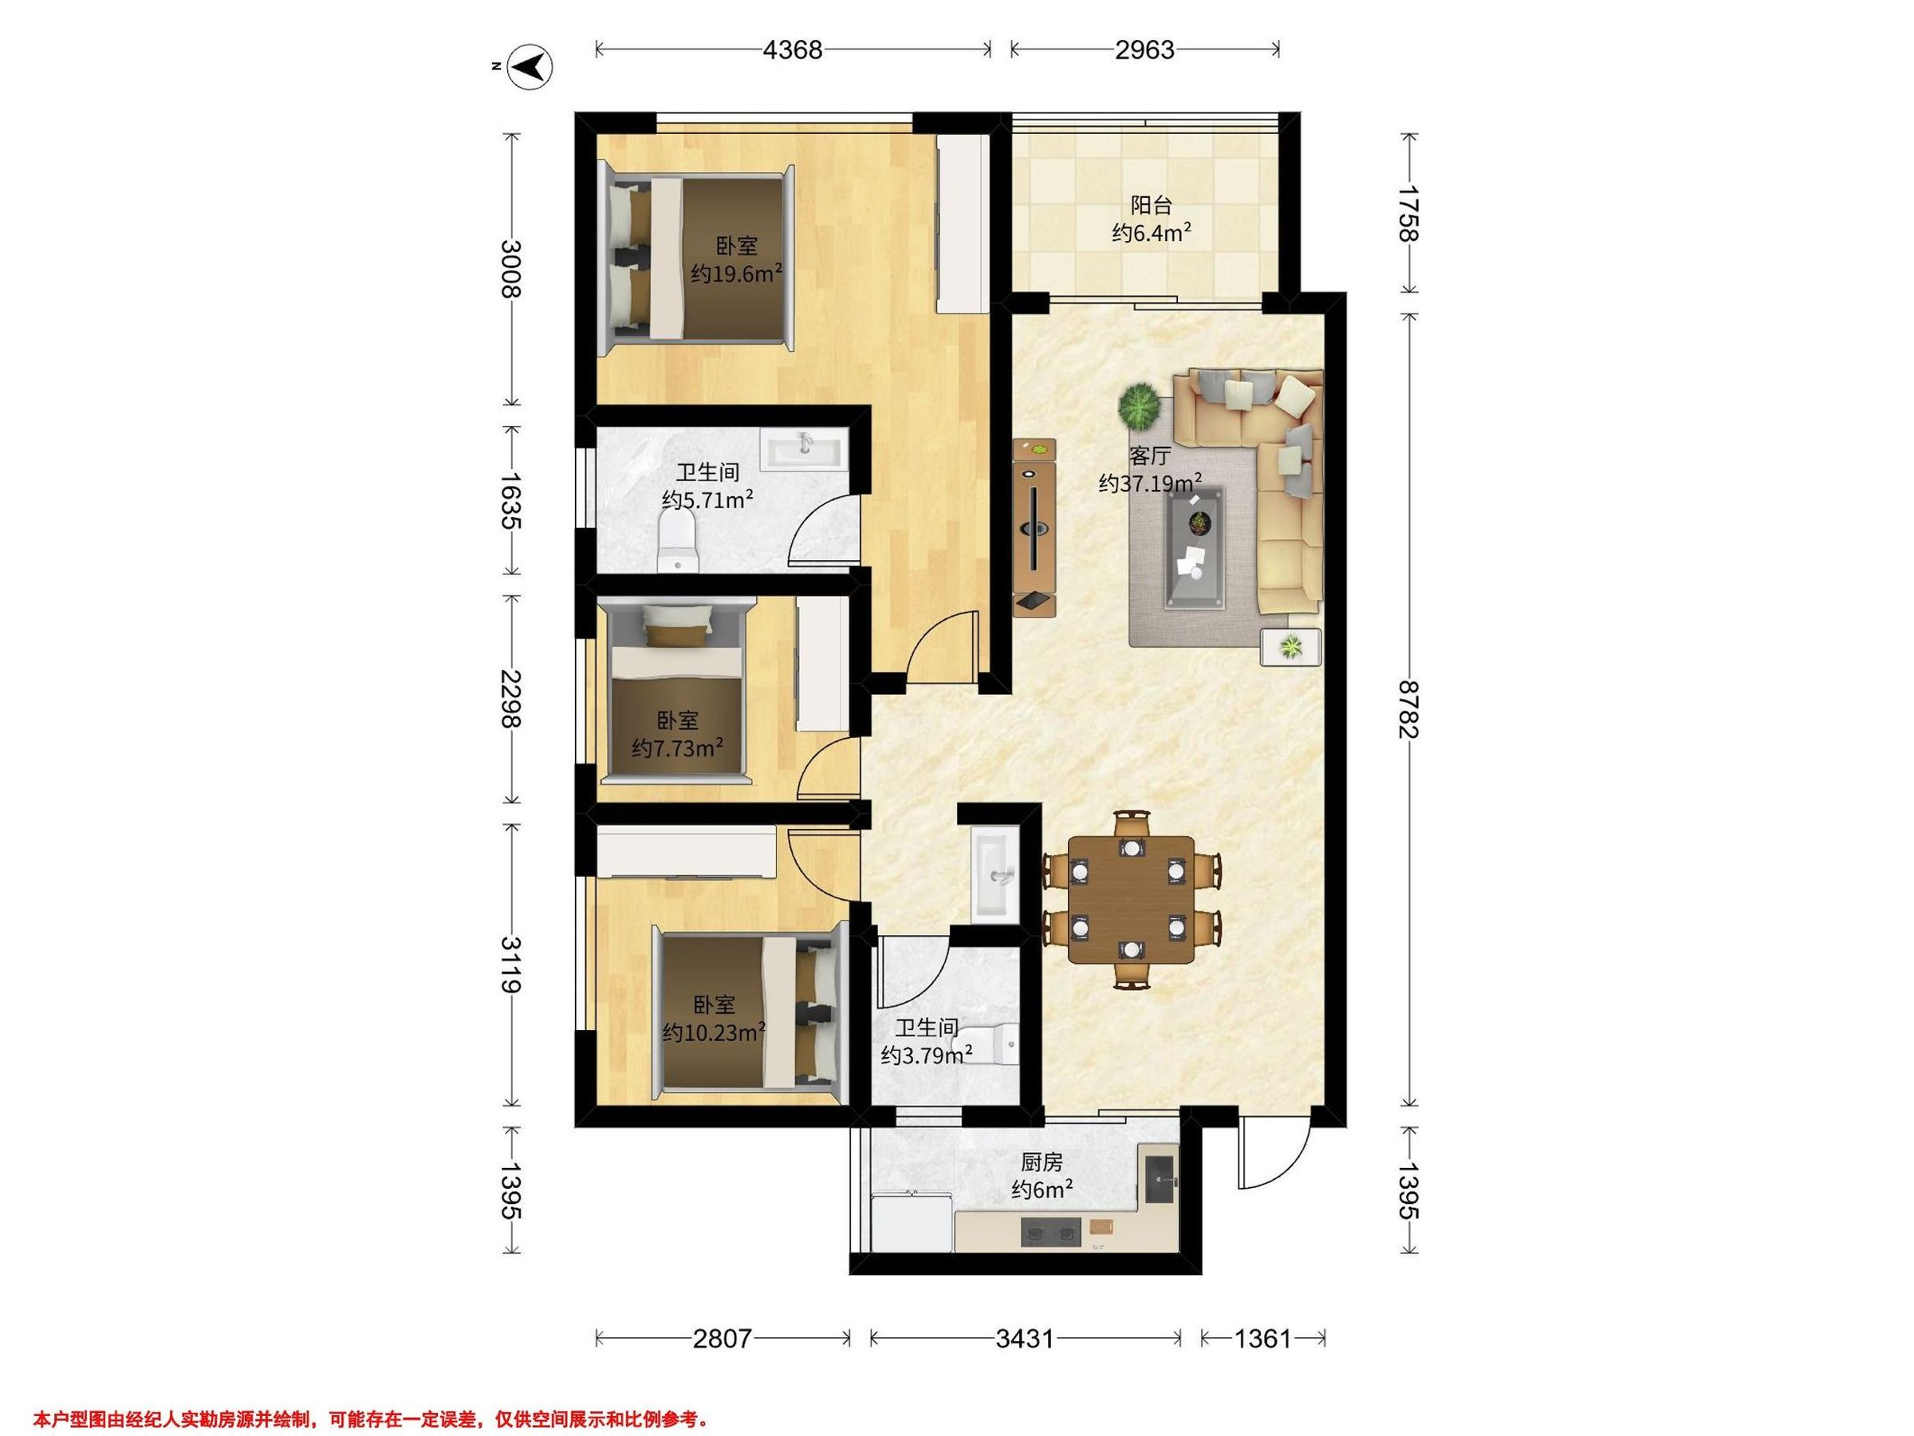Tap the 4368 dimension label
[x=793, y=50]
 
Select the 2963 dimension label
[x=1144, y=50]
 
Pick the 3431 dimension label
[x=1026, y=1339]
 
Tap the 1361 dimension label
[x=1262, y=1339]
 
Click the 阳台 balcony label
[x=1152, y=206]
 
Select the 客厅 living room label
[x=1149, y=456]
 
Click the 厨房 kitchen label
[x=1042, y=1162]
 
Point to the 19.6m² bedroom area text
[x=736, y=274]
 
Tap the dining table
[x=1131, y=899]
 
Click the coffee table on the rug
[x=1195, y=548]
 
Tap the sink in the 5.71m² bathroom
[x=802, y=451]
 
